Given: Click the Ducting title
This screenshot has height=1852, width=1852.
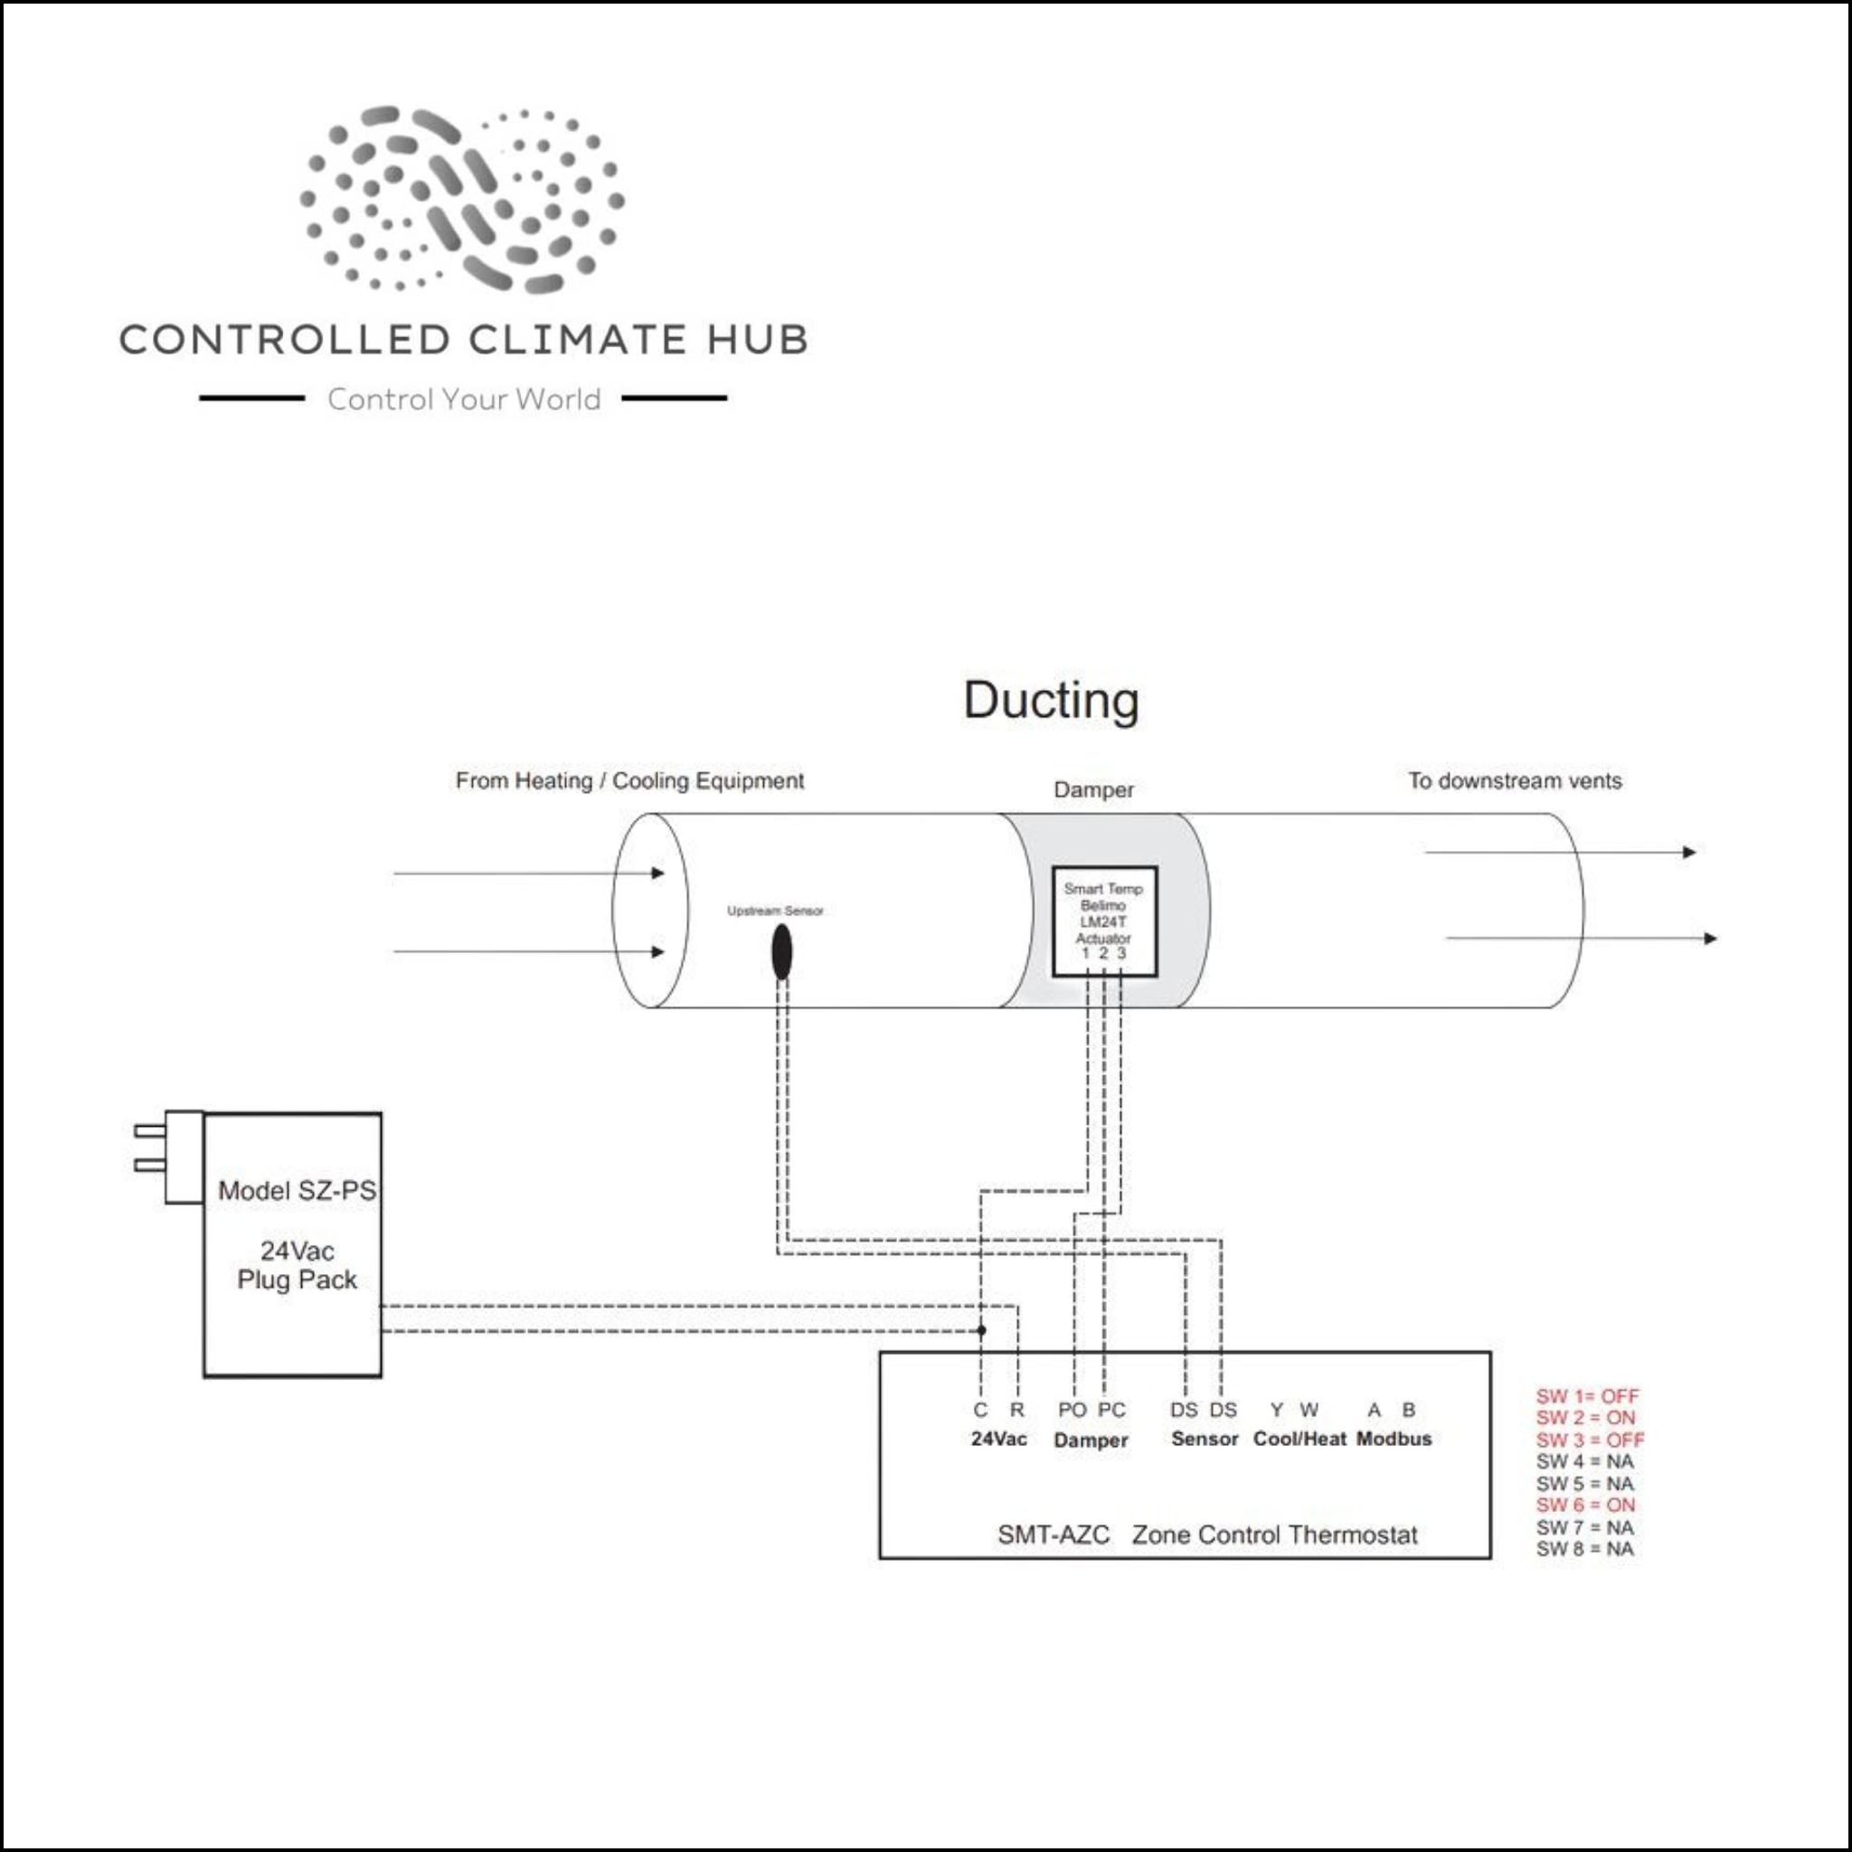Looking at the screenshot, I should [1051, 701].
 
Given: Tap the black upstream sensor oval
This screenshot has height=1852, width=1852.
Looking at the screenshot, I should [781, 952].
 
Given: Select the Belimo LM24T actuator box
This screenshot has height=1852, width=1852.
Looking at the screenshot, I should [1104, 921].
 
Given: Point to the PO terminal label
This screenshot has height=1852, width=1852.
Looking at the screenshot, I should [1072, 1410].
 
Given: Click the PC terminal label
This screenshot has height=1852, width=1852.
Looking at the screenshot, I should [1111, 1410].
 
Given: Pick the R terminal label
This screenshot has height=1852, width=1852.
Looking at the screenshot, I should [1017, 1410].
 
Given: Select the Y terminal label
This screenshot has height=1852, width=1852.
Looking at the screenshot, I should [1276, 1410].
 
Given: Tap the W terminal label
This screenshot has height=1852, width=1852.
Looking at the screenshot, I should [1309, 1410].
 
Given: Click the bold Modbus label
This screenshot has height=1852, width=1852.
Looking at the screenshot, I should [1394, 1439].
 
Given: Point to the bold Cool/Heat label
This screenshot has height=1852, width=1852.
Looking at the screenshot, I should [1299, 1439].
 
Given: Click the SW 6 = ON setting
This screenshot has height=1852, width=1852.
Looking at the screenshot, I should [1585, 1505].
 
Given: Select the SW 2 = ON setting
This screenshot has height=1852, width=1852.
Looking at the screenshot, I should [1585, 1418].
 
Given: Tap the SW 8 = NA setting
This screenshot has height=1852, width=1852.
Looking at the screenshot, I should [1584, 1549].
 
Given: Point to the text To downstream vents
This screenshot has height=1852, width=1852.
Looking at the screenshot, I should [1515, 780].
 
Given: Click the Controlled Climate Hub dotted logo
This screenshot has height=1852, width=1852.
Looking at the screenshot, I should [463, 199].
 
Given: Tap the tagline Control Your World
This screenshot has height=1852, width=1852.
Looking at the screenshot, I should [464, 399].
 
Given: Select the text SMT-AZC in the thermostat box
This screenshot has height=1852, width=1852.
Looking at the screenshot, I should [1053, 1535].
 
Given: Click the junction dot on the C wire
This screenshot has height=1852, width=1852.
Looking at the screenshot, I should [980, 1330].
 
